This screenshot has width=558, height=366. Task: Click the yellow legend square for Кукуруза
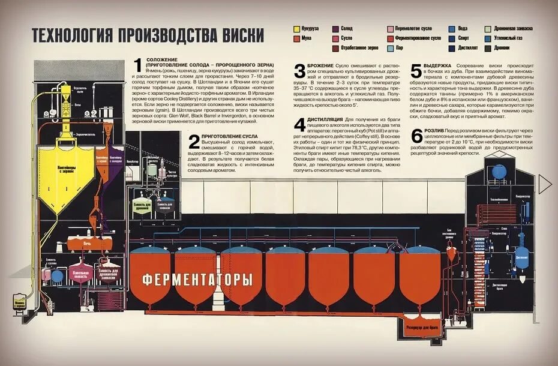coord(296,28)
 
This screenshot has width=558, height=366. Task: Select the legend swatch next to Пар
coord(391,47)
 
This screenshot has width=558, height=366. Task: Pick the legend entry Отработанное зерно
coord(359,47)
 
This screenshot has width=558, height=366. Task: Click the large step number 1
coord(137,66)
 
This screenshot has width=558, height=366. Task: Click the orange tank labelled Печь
coord(89,243)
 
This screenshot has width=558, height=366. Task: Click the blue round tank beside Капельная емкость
coord(57,276)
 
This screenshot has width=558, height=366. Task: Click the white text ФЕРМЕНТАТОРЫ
coord(197,279)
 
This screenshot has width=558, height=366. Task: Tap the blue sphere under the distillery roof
coord(499,172)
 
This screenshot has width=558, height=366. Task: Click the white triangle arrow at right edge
coord(545,184)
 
